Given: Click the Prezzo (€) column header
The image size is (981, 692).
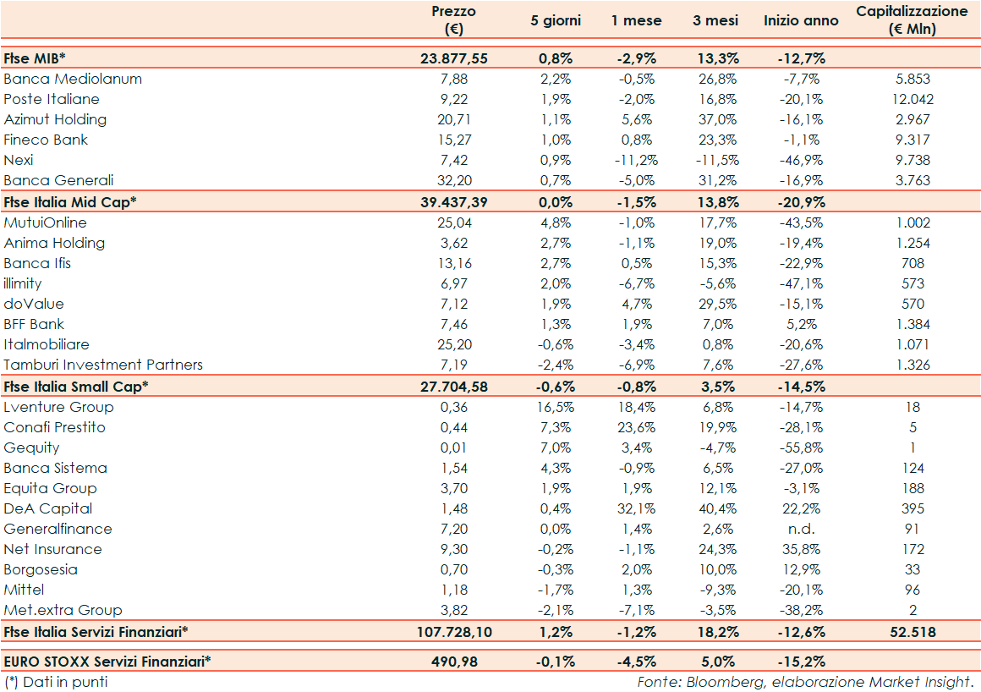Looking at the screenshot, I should [453, 20].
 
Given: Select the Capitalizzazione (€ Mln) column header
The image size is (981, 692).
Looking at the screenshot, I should [912, 20].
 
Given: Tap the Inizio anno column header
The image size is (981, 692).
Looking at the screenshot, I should [801, 20].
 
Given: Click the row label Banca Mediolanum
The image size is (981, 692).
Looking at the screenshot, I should [73, 79].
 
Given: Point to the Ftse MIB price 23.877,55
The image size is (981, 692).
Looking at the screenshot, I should [453, 58].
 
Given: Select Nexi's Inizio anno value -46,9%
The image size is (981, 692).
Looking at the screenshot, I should [801, 160].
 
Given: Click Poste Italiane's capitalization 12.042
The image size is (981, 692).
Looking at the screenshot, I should [912, 99].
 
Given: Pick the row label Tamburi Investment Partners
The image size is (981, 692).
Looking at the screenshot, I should [103, 365].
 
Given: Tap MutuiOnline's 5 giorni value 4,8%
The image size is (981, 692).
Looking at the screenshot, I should [556, 222].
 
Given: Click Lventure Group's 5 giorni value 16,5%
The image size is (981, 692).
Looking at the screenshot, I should [556, 407].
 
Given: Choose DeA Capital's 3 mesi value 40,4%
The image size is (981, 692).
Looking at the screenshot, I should [715, 508].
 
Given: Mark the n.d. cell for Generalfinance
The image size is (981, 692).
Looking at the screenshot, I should [801, 529].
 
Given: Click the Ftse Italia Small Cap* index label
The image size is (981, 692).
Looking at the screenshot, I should [75, 387].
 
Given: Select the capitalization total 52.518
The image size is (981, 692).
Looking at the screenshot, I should [912, 632].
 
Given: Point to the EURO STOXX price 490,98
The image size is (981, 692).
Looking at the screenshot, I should [453, 662].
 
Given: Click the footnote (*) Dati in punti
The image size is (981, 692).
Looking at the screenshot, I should [56, 681].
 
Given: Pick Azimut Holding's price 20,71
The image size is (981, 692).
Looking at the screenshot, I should [453, 119].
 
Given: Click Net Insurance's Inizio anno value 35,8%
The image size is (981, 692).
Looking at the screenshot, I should [801, 549].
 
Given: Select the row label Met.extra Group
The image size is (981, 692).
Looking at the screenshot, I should [63, 610].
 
